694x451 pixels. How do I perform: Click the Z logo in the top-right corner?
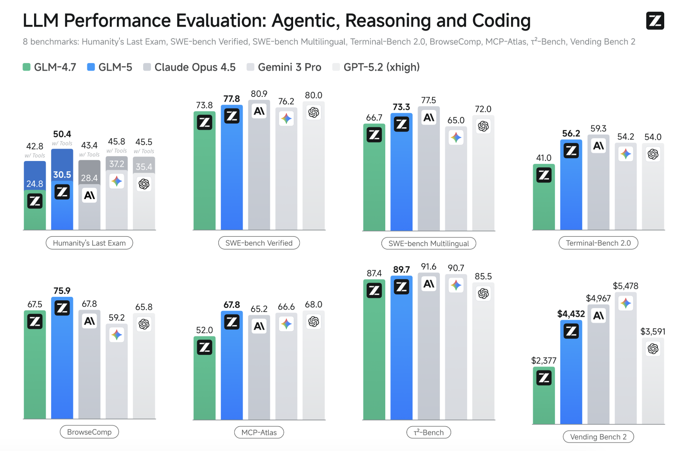655,21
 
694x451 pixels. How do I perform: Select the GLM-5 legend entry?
110,67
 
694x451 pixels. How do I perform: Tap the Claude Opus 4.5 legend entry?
190,67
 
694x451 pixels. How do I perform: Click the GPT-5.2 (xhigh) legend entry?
376,67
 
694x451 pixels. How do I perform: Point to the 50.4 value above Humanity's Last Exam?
62,134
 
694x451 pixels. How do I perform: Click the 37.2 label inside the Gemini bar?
117,164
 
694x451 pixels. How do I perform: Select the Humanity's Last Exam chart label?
89,243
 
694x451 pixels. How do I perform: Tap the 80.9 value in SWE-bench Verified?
259,94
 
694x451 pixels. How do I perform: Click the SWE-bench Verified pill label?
259,243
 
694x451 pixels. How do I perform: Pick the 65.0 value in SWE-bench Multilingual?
456,120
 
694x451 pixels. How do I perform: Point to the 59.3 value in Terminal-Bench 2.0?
598,128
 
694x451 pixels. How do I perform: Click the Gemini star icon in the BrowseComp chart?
117,334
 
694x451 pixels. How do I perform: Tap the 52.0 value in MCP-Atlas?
205,330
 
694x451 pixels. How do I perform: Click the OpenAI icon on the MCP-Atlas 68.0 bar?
314,322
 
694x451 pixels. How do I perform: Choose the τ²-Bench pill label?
429,432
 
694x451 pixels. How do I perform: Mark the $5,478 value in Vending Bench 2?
626,286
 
